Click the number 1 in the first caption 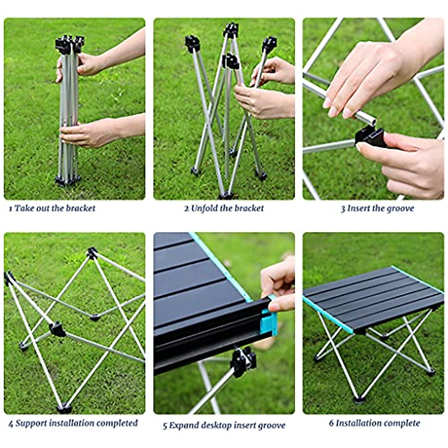click(10, 208)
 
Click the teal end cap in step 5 click(269, 322)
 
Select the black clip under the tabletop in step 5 click(243, 361)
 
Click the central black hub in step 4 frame click(57, 329)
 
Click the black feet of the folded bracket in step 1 click(67, 181)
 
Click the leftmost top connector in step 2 click(192, 43)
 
